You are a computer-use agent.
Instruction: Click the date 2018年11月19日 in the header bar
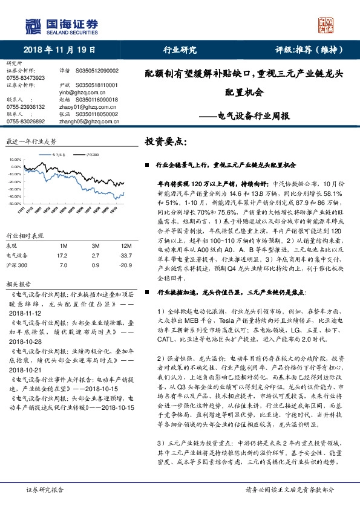(59, 51)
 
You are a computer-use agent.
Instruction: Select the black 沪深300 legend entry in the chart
(90, 154)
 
